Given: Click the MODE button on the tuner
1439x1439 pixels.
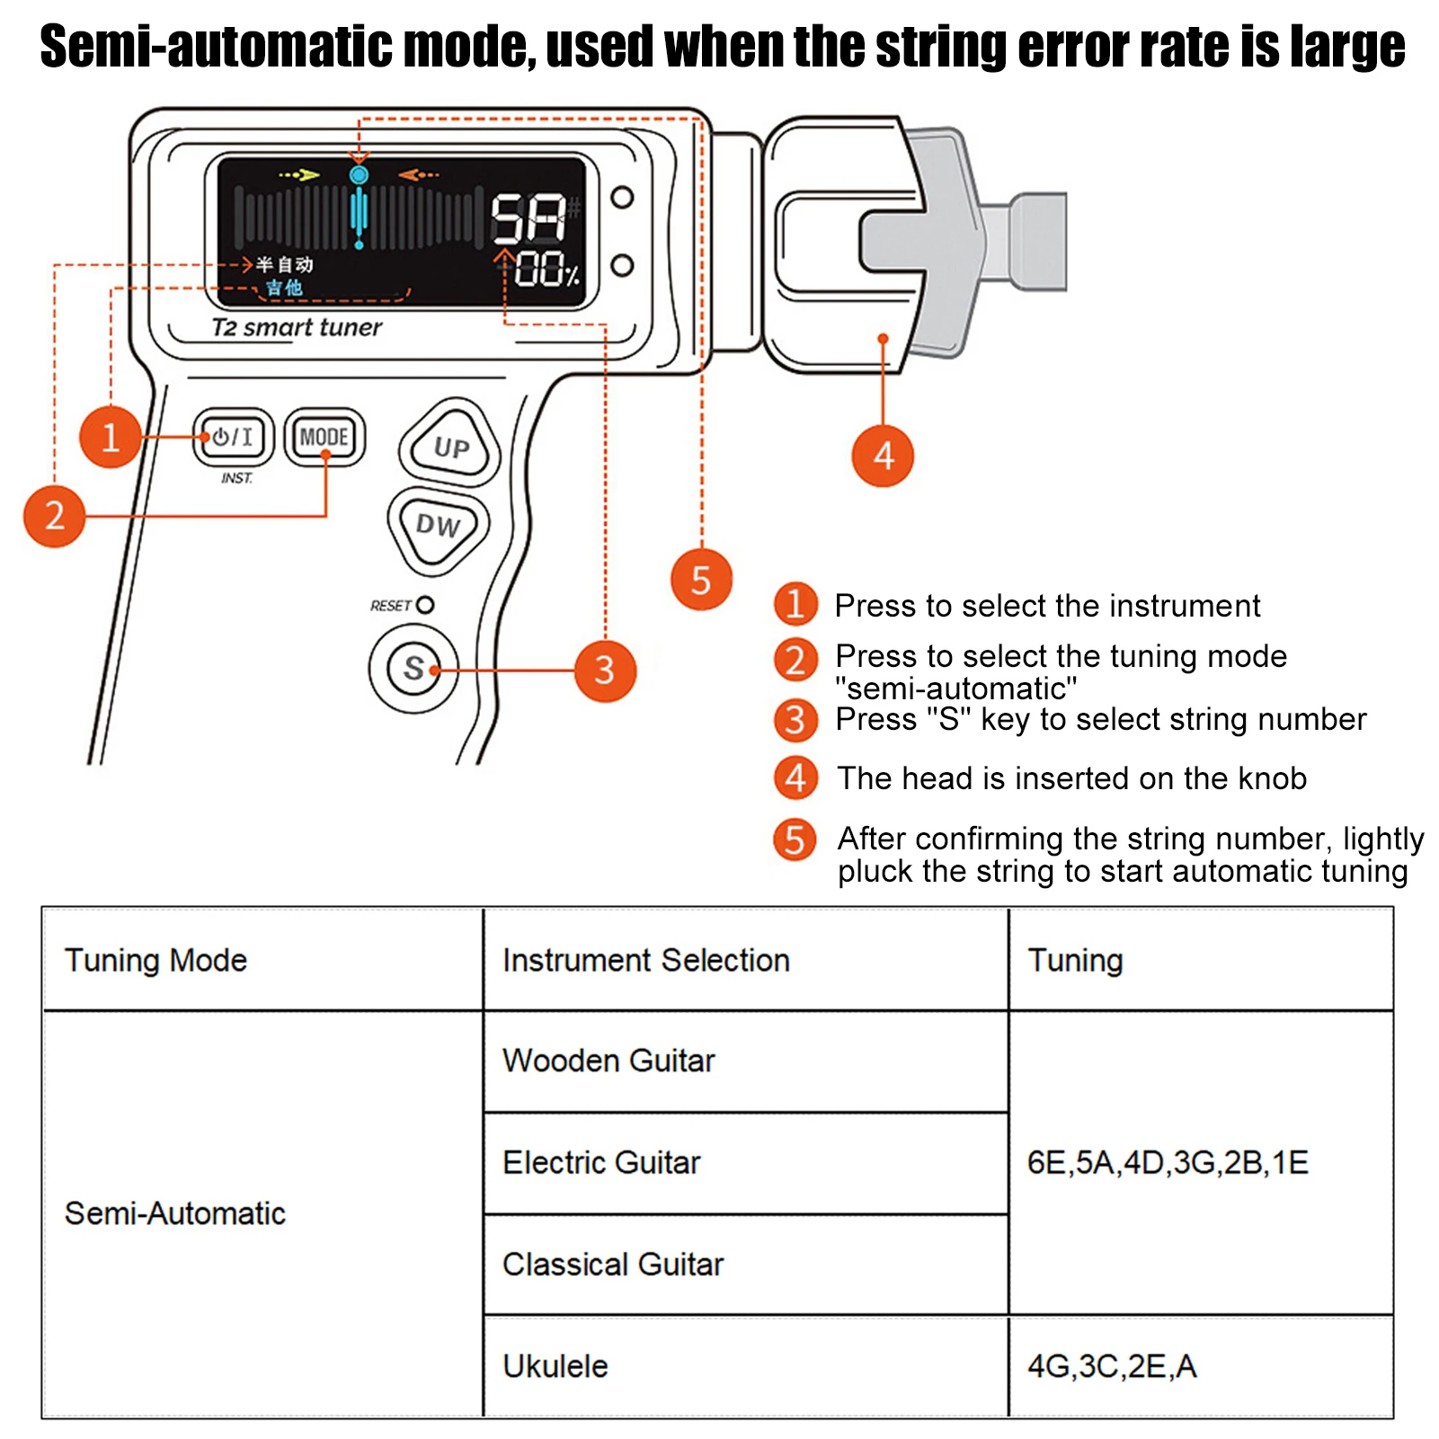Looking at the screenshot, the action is click(x=324, y=437).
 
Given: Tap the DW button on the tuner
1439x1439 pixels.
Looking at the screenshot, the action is click(x=438, y=525).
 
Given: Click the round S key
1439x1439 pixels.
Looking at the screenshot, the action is click(x=413, y=668).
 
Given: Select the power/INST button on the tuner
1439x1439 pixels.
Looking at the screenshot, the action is click(x=233, y=437).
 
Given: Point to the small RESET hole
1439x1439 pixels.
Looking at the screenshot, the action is click(x=425, y=605).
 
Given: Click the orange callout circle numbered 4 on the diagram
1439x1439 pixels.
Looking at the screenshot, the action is click(x=883, y=456).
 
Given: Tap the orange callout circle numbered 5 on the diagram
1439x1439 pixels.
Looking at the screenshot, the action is click(x=701, y=580).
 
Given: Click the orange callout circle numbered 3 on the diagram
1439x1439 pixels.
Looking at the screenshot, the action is click(x=605, y=671).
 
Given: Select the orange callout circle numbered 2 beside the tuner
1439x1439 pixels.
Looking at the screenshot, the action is click(x=54, y=516).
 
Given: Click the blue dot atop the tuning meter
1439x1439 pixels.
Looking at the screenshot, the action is click(x=359, y=174).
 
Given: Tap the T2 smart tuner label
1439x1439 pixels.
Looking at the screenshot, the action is click(x=297, y=327).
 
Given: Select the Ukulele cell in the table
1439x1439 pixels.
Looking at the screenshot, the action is click(x=555, y=1366).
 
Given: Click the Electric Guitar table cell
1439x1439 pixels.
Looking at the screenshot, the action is click(x=601, y=1162).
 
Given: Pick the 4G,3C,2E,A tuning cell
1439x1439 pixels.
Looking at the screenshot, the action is click(x=1112, y=1366).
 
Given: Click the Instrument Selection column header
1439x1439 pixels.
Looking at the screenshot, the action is click(x=646, y=960).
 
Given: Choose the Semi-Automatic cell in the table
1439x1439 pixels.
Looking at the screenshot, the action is click(x=175, y=1213).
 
